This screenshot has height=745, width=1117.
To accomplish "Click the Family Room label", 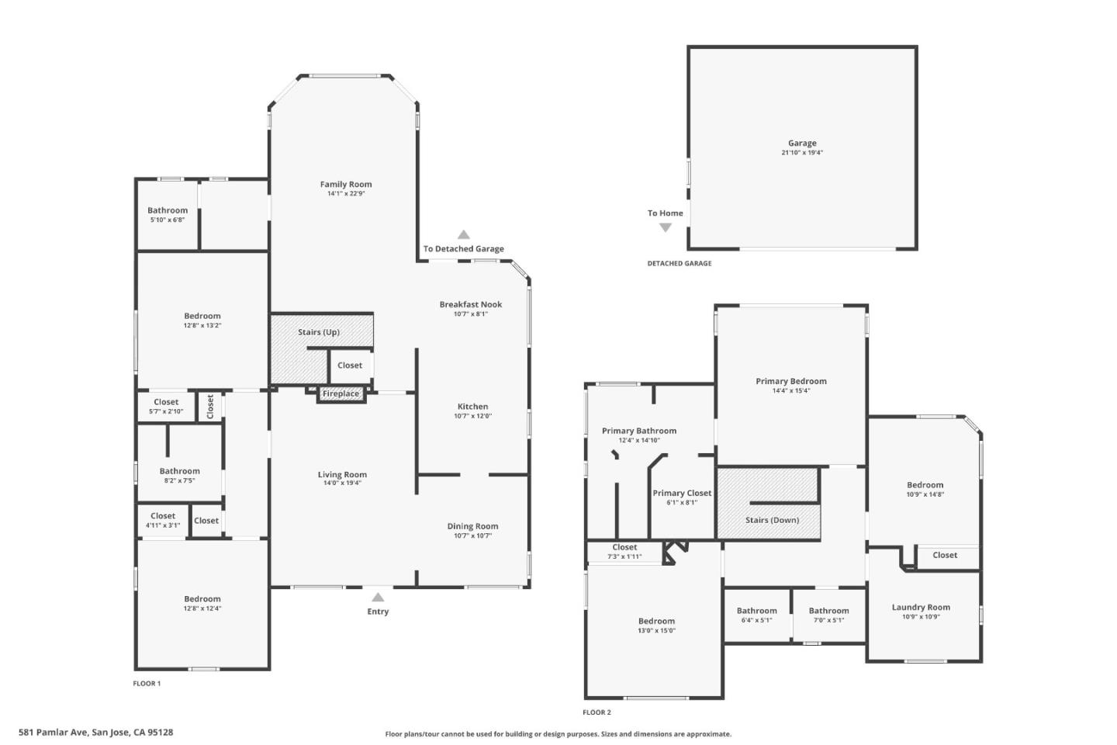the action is [x=346, y=184].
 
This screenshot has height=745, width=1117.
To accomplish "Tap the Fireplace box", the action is [x=341, y=393].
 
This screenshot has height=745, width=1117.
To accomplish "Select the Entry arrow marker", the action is [x=378, y=597].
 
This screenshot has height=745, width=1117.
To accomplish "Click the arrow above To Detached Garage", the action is [x=464, y=234].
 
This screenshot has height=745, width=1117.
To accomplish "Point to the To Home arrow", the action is [x=666, y=227].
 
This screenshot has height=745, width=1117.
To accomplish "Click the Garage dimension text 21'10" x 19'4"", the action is [x=802, y=153].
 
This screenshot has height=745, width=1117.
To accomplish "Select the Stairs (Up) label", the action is [x=319, y=332].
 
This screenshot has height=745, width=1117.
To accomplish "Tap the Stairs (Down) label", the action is [x=772, y=520].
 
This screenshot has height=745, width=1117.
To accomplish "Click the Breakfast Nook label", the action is [x=471, y=304].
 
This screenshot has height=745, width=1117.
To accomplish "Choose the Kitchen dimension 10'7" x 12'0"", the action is [x=472, y=416].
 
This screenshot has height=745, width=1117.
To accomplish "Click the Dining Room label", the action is [x=472, y=526].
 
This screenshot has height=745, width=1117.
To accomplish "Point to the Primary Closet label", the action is [x=682, y=493].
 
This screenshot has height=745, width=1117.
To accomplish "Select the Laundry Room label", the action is [x=921, y=608].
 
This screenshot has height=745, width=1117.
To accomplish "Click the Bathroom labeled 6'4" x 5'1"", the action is [x=757, y=611].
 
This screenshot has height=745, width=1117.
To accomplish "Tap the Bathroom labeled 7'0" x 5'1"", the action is [x=828, y=611].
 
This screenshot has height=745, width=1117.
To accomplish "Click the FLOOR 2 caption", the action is [x=597, y=712].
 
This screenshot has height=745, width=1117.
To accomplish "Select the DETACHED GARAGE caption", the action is [x=680, y=264].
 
